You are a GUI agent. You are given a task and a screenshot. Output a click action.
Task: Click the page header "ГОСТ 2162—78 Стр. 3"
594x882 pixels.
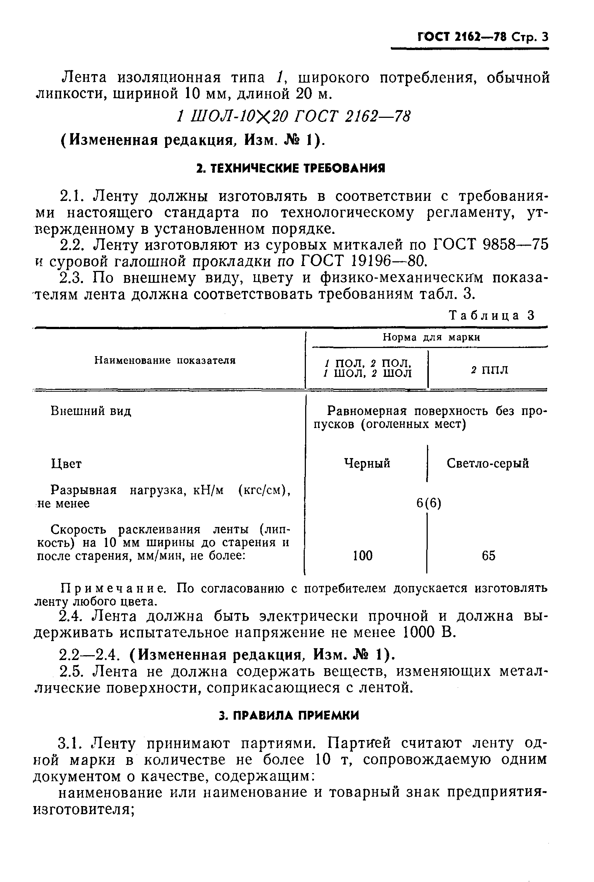(x=483, y=37)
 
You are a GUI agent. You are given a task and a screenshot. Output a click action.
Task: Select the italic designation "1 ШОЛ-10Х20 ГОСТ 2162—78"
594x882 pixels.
(x=293, y=116)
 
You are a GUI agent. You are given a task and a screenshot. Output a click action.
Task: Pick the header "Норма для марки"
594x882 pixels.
(x=431, y=337)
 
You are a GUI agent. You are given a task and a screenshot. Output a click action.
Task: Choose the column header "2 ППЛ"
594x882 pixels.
(x=490, y=370)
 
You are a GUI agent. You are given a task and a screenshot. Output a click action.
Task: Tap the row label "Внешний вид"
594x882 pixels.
(x=91, y=411)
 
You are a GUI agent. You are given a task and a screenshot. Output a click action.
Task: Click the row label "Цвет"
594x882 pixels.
(x=66, y=464)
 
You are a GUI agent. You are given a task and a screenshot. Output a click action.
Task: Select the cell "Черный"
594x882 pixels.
(x=367, y=463)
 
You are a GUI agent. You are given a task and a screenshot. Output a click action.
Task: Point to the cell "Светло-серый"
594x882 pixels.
(x=488, y=463)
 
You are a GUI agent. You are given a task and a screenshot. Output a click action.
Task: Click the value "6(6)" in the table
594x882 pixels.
(x=429, y=503)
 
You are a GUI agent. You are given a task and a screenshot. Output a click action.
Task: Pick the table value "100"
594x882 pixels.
(x=363, y=556)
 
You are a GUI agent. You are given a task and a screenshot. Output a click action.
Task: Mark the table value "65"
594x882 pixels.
(x=489, y=556)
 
